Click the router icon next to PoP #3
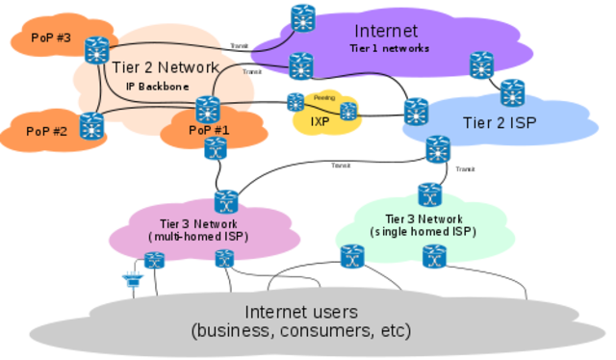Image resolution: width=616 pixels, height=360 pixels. [x=96, y=49]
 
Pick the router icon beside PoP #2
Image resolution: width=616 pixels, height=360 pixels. [x=91, y=125]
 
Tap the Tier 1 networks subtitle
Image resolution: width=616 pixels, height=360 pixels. [x=389, y=47]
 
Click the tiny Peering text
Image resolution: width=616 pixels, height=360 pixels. [x=322, y=98]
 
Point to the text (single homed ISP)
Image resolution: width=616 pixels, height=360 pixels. [x=423, y=232]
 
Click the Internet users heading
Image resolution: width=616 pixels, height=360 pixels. [x=301, y=312]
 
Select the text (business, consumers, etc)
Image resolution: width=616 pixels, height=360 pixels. [x=301, y=331]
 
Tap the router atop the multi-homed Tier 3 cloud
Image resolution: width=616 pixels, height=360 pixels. [x=226, y=200]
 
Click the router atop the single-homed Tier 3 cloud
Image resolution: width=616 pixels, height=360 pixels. [x=428, y=193]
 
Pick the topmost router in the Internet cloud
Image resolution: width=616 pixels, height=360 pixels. [x=304, y=17]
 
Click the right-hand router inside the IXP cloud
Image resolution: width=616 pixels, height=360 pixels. [x=348, y=111]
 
